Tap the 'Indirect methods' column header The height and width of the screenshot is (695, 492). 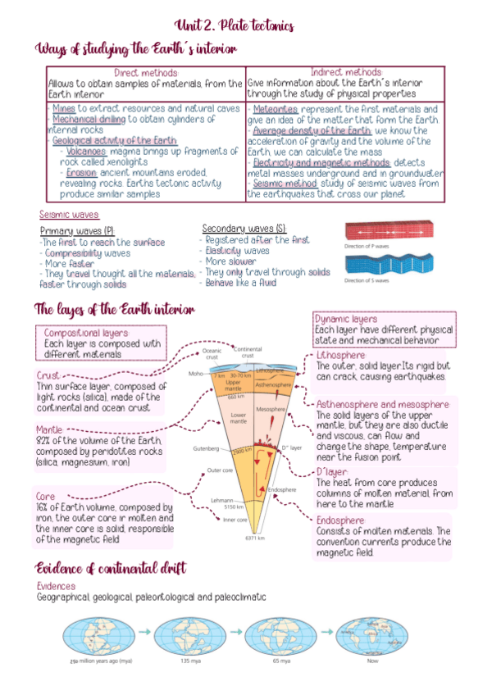point(346,73)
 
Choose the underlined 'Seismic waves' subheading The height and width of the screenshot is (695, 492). point(69,215)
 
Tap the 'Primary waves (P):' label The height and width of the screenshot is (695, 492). point(76,231)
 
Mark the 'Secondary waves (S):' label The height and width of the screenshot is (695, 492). point(244,228)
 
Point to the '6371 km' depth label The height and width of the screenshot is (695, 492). point(257,538)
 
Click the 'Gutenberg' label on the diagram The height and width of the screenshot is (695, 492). point(206,449)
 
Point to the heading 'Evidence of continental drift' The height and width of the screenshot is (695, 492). point(110,567)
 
